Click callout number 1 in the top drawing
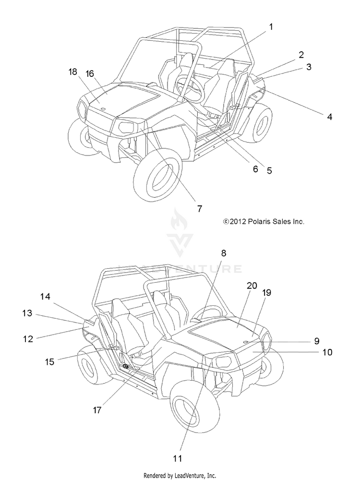tap(271, 27)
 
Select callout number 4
tap(329, 117)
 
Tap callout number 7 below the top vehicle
tap(199, 208)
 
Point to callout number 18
tap(72, 72)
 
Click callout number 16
tap(90, 73)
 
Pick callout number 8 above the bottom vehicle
tap(224, 253)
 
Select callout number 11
tap(178, 458)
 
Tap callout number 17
tap(97, 410)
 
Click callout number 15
tap(49, 361)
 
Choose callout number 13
tap(27, 313)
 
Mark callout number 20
tap(252, 286)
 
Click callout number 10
tap(327, 352)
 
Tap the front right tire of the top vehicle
tap(157, 175)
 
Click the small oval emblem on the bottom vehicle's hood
tap(245, 342)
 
